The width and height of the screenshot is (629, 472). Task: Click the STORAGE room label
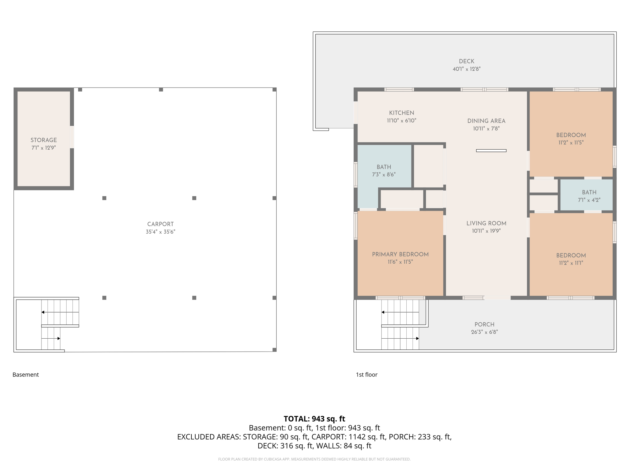point(44,140)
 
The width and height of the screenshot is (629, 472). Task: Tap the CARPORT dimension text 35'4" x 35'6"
point(160,232)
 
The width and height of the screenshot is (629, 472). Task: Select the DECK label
point(466,61)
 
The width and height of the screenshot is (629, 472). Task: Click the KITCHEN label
point(401,113)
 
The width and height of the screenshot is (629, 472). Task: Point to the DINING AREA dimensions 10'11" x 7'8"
point(486,129)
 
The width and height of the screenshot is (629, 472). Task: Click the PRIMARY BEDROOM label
point(400,254)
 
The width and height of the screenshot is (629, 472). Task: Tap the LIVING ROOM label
point(486,223)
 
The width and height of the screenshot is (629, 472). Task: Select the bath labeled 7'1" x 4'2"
point(589,196)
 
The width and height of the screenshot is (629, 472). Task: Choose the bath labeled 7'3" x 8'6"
point(384,171)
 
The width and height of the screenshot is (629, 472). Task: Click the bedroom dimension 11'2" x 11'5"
point(571,143)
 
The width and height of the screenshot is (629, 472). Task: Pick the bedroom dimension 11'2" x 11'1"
point(571,263)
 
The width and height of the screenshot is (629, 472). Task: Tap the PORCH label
point(484,324)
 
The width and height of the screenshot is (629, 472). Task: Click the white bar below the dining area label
point(491,151)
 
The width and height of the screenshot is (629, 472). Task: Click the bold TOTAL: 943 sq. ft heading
point(314,419)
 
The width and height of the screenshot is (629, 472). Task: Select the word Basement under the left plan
point(25,375)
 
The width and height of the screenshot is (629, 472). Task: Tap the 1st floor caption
point(366,375)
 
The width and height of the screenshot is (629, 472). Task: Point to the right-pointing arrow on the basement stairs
point(58,338)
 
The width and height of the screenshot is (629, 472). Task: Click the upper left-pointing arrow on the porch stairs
point(383,312)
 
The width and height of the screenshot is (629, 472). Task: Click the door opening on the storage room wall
point(72,137)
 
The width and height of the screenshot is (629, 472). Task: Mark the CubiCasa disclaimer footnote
point(314,459)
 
